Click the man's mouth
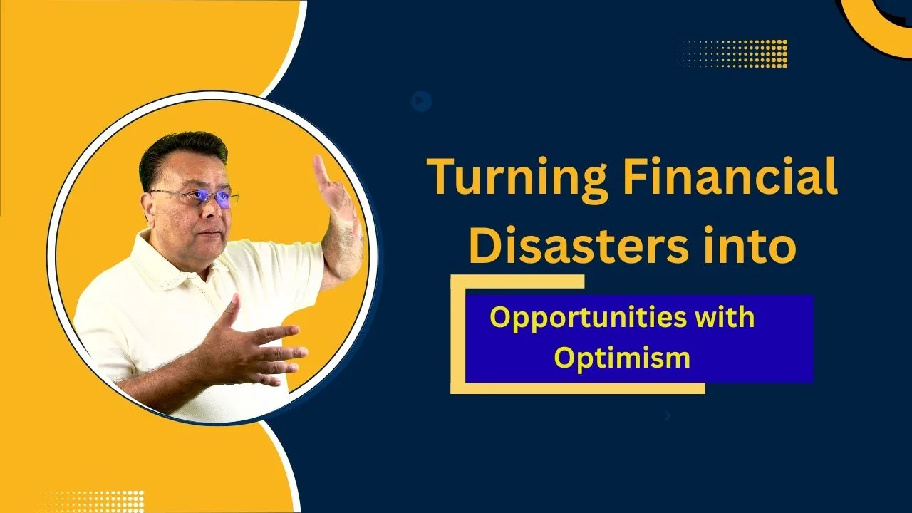coord(210,233)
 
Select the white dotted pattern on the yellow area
coord(93,502)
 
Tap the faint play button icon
coord(421,100)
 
